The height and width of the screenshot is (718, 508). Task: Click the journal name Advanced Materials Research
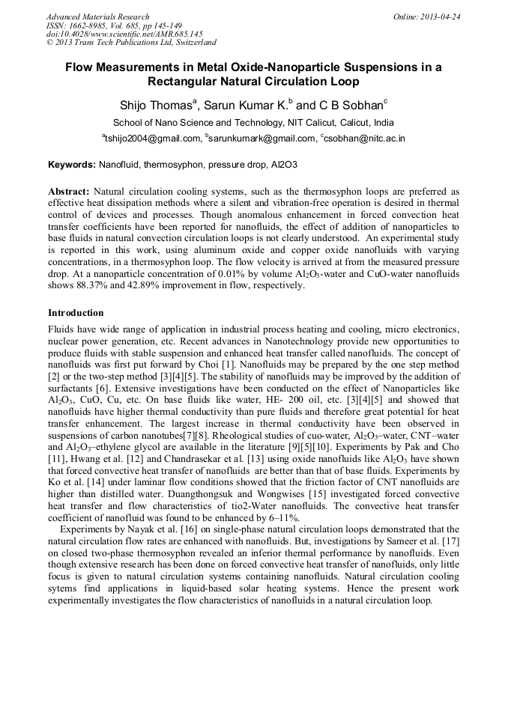97,16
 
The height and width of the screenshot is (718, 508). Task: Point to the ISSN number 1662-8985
89,25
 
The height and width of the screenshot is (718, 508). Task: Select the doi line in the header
124,34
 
